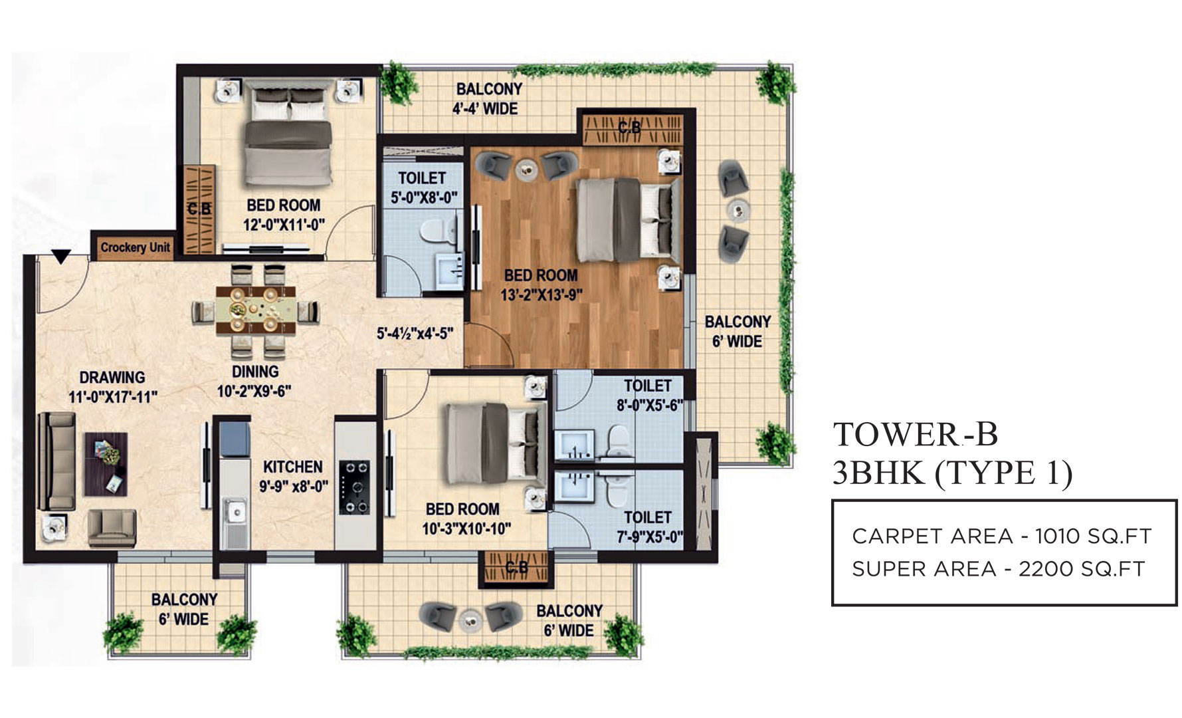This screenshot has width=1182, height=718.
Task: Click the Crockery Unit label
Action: (x=136, y=247)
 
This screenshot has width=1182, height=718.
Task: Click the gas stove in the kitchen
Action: (x=354, y=487)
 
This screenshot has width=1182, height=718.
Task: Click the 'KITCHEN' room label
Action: (x=293, y=467)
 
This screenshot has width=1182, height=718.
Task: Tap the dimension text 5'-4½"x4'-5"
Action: (x=415, y=333)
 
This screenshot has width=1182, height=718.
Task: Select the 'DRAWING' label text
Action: (x=112, y=378)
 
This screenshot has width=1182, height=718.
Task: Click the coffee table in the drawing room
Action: (x=106, y=463)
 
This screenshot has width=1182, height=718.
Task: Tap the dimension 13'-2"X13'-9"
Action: (x=542, y=294)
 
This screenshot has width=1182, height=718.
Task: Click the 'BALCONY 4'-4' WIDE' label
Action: (x=488, y=98)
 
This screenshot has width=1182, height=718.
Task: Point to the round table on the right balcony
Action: (x=737, y=210)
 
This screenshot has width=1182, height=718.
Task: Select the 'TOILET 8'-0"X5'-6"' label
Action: (x=648, y=395)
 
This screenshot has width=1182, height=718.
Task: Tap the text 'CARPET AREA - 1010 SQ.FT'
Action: (x=1001, y=536)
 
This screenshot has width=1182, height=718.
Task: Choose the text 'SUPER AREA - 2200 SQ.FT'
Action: (x=999, y=569)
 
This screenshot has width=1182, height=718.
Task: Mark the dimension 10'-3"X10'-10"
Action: (x=467, y=529)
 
